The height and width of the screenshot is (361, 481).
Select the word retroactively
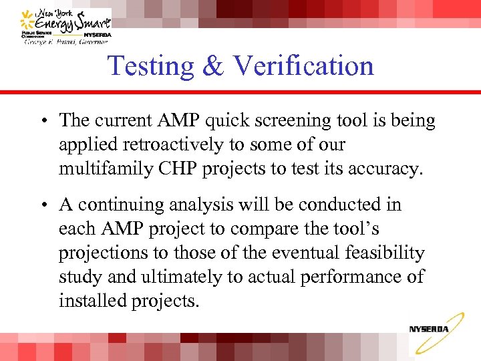[162, 145]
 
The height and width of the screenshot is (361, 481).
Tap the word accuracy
[385, 169]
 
